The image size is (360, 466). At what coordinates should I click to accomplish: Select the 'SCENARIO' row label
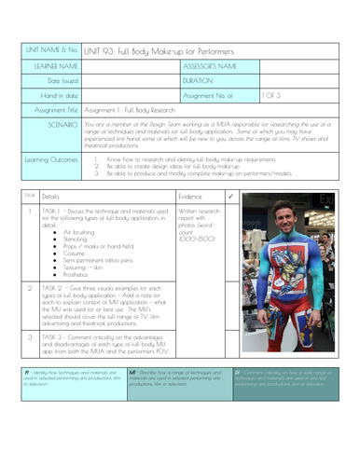57,123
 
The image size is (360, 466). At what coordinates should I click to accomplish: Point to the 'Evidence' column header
190,197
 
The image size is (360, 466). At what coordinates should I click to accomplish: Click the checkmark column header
229,197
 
